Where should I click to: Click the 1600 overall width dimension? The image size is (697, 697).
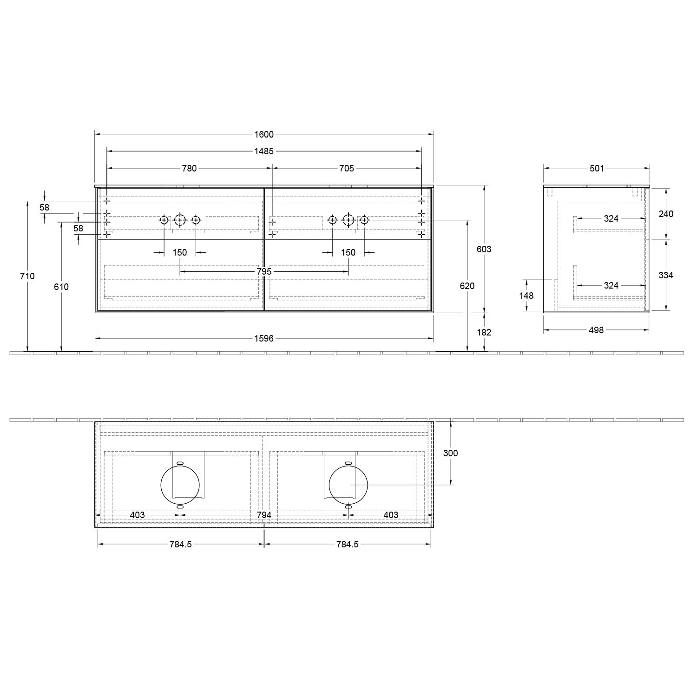(x=264, y=134)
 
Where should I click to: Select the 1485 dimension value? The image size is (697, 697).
(x=264, y=151)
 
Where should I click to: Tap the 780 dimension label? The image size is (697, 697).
(x=189, y=168)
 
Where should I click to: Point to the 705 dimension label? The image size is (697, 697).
(x=347, y=168)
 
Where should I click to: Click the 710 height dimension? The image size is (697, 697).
(x=27, y=276)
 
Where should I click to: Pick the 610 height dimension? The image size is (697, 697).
(x=61, y=287)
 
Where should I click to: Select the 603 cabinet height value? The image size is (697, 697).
(x=484, y=249)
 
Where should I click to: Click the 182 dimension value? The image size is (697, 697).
(x=484, y=332)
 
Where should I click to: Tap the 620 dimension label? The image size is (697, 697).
(x=467, y=286)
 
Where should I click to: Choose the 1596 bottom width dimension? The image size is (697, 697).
(x=264, y=339)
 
